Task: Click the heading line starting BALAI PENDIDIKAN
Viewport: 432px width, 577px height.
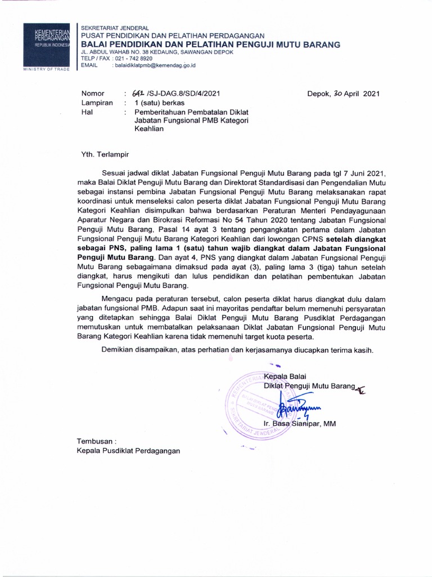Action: [211, 45]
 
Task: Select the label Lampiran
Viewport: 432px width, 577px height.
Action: [97, 104]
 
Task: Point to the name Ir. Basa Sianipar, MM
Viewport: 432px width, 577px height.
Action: [299, 424]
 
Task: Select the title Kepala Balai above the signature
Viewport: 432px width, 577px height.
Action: [286, 376]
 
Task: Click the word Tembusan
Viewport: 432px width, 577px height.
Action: [96, 442]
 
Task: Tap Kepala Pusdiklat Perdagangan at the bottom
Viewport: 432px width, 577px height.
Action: [129, 451]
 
